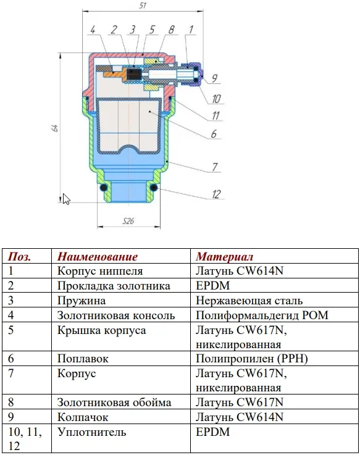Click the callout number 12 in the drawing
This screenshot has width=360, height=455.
click(216, 194)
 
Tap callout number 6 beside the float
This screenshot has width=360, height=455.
click(214, 133)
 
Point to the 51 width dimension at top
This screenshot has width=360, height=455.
click(143, 6)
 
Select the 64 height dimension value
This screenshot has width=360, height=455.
click(55, 128)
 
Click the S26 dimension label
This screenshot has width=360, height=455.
click(128, 221)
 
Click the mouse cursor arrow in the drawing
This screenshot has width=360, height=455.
click(67, 199)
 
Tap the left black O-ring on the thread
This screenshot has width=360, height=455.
click(103, 188)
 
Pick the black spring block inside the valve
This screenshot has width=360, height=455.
click(134, 73)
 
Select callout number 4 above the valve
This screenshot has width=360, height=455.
click(93, 29)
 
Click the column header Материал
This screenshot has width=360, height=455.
click(224, 257)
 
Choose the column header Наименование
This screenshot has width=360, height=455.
click(98, 257)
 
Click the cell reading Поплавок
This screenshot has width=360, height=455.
click(83, 359)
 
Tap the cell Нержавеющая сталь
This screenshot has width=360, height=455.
click(249, 301)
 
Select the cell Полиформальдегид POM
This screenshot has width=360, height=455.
click(262, 315)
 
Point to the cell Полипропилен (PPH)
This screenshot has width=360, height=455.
click(252, 359)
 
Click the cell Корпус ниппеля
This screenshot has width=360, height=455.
click(100, 271)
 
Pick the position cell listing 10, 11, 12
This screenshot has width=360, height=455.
click(25, 439)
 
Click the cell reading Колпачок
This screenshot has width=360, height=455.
click(83, 417)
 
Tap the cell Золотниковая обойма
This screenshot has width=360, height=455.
click(114, 403)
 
